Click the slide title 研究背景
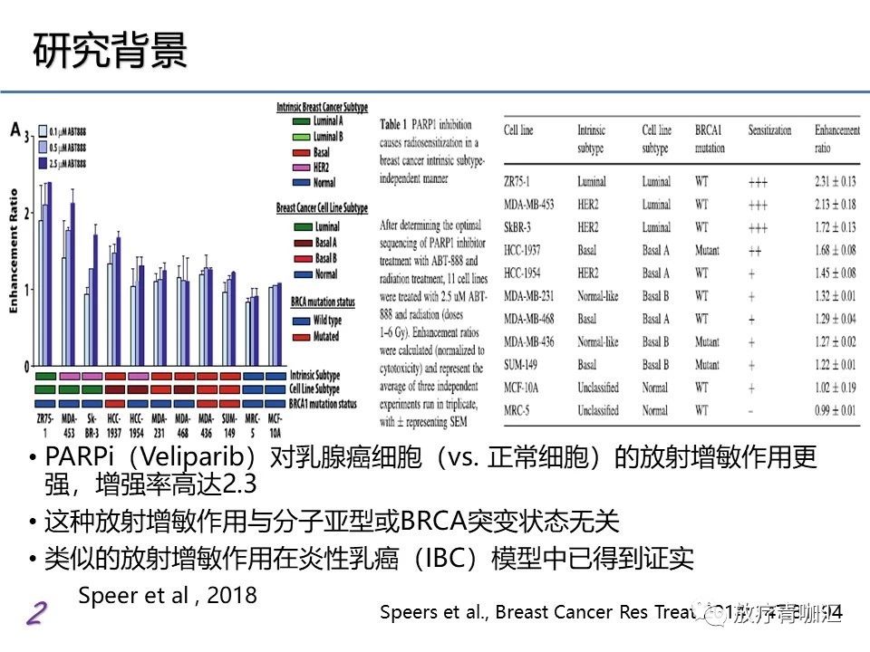111,52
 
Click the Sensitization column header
769,130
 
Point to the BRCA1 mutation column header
710,138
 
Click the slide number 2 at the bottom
34,614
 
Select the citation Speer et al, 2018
168,595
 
